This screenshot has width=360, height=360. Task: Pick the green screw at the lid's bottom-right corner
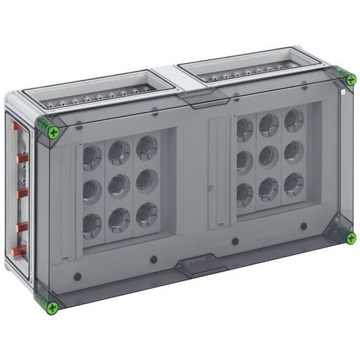351,238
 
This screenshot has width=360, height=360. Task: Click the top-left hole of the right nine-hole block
243,128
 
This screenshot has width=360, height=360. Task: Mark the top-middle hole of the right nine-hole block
268,124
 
